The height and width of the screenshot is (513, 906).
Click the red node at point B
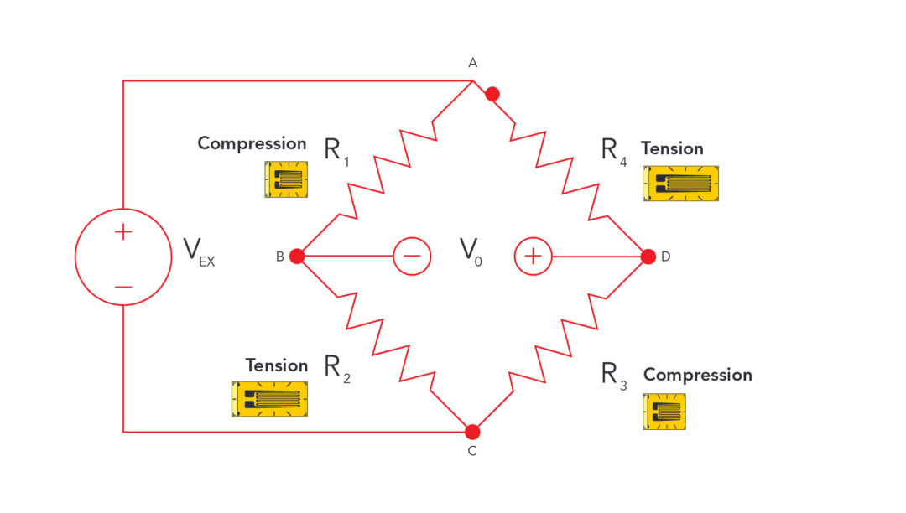[297, 256]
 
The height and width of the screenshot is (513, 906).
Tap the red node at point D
[648, 256]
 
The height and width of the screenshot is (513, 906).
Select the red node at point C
[472, 432]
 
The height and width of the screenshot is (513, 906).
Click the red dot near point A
[492, 95]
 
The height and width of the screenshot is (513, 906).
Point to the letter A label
[472, 63]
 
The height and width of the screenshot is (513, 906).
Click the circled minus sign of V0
[413, 256]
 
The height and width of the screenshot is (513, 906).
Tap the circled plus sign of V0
[533, 256]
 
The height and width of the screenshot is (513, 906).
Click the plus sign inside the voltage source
[123, 232]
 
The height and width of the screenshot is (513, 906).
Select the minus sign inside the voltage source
[123, 287]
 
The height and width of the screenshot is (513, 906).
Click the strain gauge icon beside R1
[286, 179]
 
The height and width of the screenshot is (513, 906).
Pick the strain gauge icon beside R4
[681, 183]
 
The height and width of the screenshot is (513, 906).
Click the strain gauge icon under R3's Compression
[664, 411]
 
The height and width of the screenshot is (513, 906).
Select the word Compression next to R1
[252, 143]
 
